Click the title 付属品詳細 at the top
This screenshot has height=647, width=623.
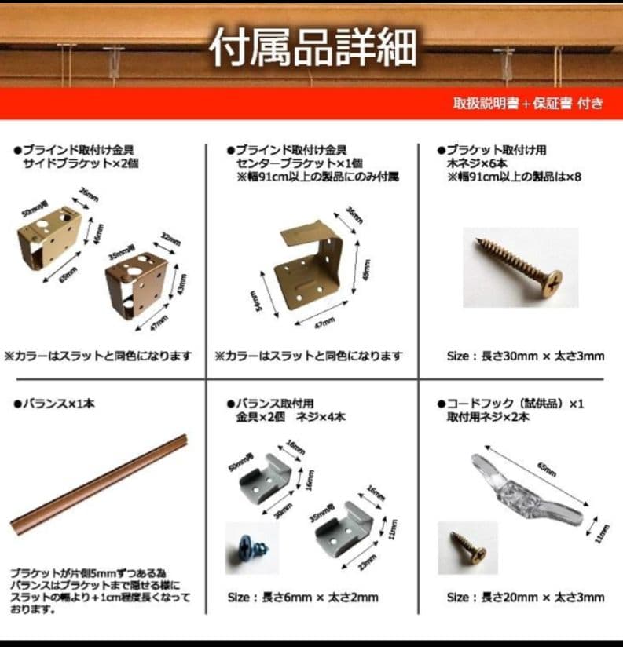click(x=312, y=48)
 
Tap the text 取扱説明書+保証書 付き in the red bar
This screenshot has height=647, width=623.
click(x=527, y=104)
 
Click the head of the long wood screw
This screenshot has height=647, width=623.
click(x=552, y=280)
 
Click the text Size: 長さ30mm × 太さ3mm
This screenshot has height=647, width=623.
click(x=525, y=356)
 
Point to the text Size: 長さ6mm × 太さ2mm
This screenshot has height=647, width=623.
click(x=302, y=597)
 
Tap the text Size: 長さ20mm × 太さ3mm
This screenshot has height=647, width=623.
click(x=525, y=597)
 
